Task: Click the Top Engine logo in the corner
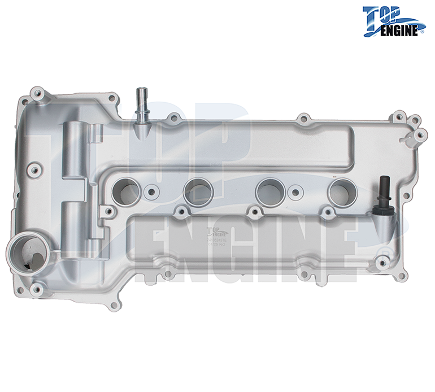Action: click(393, 22)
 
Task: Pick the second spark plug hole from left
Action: click(198, 191)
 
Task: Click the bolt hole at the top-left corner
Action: click(38, 91)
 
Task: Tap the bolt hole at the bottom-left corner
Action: click(37, 290)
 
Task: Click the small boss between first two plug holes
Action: click(151, 191)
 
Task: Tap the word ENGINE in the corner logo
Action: click(400, 29)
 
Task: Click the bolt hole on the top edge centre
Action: click(304, 119)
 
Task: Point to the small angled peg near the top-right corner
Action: click(406, 137)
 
